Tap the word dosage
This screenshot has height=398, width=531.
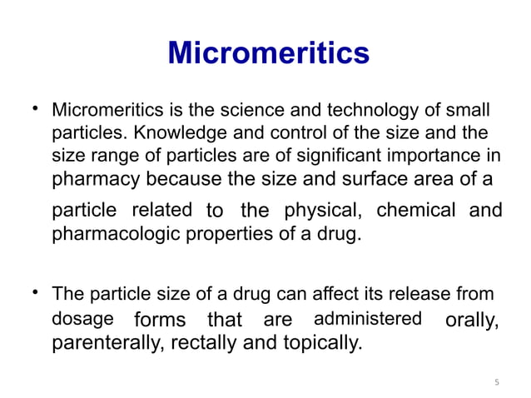coord(83,318)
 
